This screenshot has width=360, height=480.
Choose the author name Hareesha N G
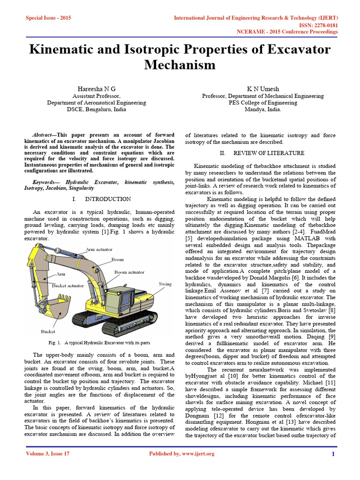coord(96,89)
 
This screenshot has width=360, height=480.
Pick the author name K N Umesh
coord(263,89)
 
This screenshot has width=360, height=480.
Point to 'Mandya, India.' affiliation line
coord(263,110)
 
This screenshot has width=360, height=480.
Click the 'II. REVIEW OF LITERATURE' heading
coord(262,153)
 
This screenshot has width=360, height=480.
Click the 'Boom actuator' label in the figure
coord(129,272)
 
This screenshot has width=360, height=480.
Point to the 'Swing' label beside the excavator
coord(165,284)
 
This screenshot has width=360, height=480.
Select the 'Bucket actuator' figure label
coord(68,285)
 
